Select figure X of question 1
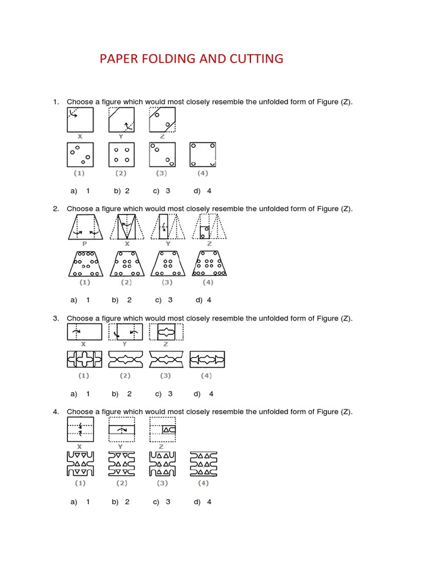[x=80, y=120]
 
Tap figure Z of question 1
[x=163, y=120]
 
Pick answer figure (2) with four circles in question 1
[x=121, y=155]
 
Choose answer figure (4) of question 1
[x=203, y=155]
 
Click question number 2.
[x=56, y=209]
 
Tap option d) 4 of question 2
[x=204, y=299]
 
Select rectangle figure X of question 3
[x=84, y=331]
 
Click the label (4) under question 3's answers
[x=206, y=375]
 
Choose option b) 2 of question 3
[x=122, y=394]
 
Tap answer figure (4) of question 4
[x=204, y=464]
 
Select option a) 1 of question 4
[x=80, y=502]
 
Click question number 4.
[x=56, y=411]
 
